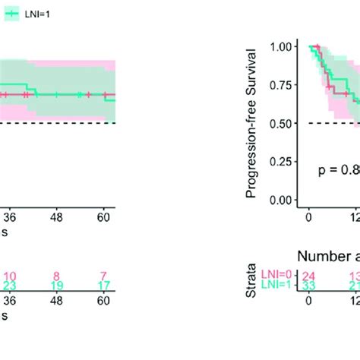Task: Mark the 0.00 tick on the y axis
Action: pyautogui.click(x=282, y=201)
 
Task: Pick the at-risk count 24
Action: pyautogui.click(x=308, y=277)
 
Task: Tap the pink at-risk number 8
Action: pyautogui.click(x=58, y=277)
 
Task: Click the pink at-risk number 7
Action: pyautogui.click(x=104, y=277)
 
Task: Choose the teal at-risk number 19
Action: pyautogui.click(x=58, y=287)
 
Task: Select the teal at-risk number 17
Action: pyautogui.click(x=104, y=287)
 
